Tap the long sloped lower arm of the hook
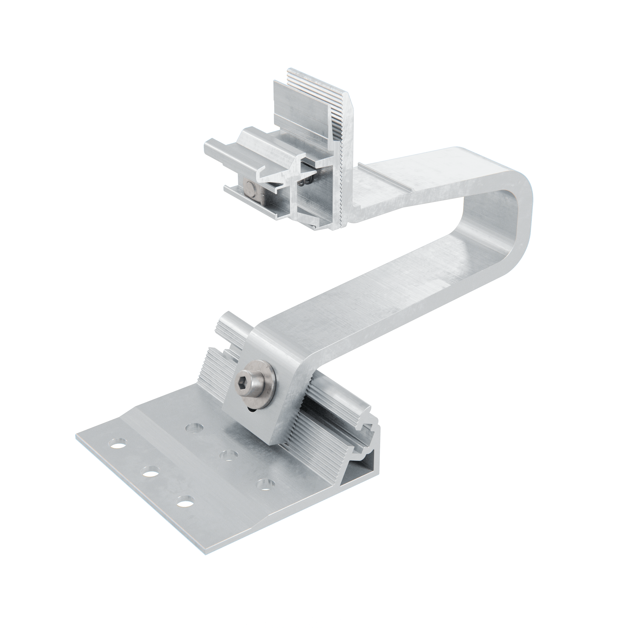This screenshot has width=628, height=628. pyautogui.click(x=374, y=302)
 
